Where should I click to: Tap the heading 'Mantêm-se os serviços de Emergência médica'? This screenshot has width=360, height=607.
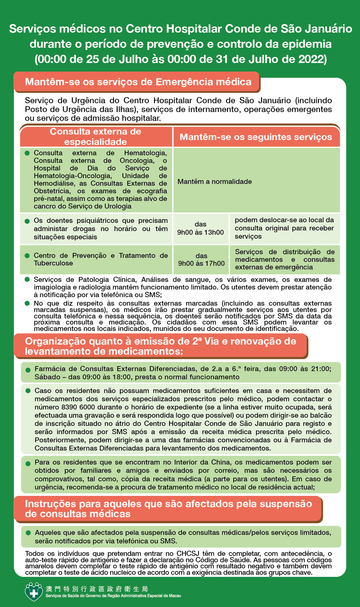tap(138, 82)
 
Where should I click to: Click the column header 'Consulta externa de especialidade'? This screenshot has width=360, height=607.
tap(95, 137)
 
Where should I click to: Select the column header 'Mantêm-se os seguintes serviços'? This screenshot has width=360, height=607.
tap(256, 137)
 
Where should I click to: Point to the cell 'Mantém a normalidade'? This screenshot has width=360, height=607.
tap(215, 182)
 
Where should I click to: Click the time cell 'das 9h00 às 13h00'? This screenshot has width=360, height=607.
tap(200, 228)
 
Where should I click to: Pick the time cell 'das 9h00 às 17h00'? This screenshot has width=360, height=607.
tap(201, 260)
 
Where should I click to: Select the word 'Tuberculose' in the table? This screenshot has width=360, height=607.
tap(53, 263)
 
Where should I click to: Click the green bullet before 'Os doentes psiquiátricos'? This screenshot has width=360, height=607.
tap(27, 221)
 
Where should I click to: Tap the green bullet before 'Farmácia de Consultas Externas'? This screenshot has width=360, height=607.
tap(28, 370)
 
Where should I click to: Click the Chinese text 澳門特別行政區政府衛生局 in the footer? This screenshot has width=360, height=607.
tap(97, 589)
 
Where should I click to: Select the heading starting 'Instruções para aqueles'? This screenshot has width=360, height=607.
tap(168, 509)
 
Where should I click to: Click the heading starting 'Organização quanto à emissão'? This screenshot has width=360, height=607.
tap(161, 346)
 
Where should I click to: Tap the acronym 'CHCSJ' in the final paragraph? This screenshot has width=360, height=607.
tap(189, 553)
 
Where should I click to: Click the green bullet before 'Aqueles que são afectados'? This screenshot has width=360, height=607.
tap(28, 533)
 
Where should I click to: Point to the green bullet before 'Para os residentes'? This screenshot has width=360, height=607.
tap(28, 463)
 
